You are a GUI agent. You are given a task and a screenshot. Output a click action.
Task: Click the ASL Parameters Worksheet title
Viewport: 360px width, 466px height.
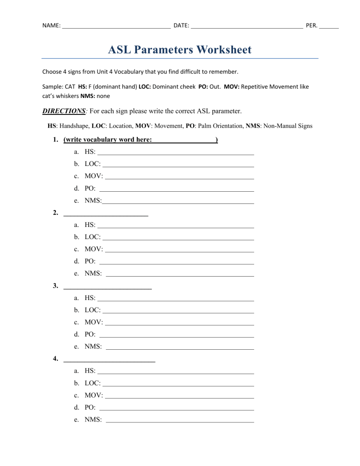[x=180, y=50]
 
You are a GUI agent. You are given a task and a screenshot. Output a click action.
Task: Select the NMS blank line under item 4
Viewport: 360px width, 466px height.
[x=180, y=421]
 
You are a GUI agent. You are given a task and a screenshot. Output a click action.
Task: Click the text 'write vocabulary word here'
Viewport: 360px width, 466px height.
[x=108, y=140]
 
